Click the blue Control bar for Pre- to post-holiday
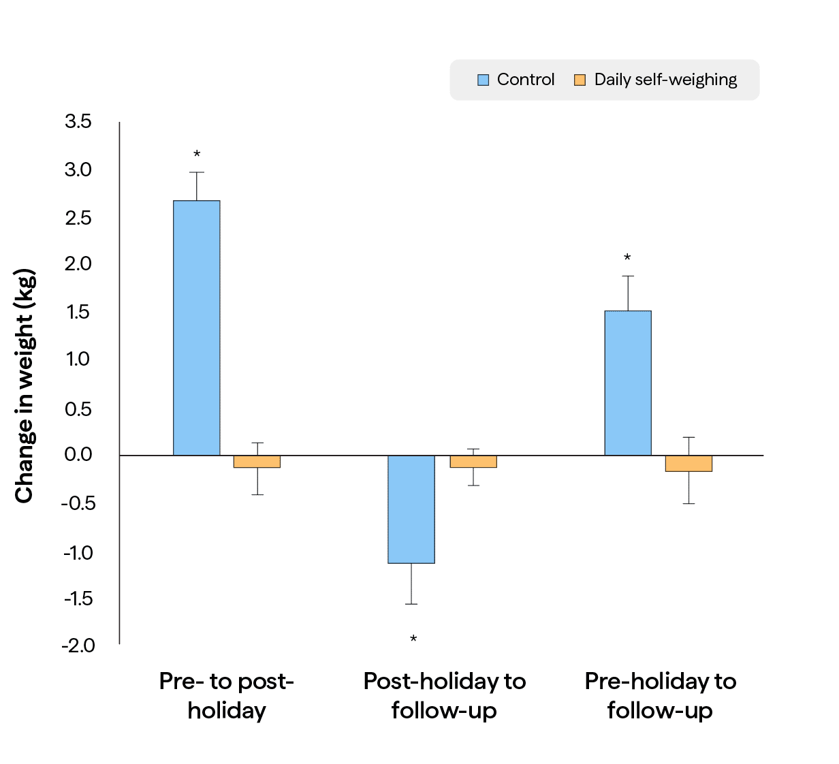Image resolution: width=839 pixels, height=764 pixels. [x=196, y=328]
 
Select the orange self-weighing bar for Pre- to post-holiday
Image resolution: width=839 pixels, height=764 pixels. [x=257, y=462]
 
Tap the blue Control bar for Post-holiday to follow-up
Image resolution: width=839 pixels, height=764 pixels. [x=411, y=509]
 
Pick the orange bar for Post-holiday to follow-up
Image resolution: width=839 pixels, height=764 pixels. [x=473, y=462]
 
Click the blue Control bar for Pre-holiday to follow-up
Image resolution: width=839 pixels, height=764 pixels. [x=628, y=383]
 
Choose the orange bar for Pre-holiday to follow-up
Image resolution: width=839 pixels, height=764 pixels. [x=688, y=464]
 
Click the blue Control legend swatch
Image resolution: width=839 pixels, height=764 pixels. [x=484, y=80]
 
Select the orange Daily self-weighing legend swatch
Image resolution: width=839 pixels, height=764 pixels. [x=580, y=80]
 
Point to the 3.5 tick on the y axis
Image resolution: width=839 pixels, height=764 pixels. [x=78, y=122]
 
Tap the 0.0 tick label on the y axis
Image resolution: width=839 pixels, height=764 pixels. [x=78, y=455]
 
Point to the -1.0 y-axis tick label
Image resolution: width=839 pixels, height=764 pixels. [x=78, y=552]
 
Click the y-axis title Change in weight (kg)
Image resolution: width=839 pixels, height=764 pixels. [x=25, y=386]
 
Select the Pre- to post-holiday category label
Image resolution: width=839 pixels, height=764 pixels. [x=227, y=695]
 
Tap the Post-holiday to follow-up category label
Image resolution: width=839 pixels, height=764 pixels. [x=444, y=695]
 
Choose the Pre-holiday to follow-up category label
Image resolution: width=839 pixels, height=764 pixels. [x=660, y=695]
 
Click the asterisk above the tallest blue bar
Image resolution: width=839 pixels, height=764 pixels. [x=197, y=155]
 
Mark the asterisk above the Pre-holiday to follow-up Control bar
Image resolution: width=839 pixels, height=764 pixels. [x=627, y=258]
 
